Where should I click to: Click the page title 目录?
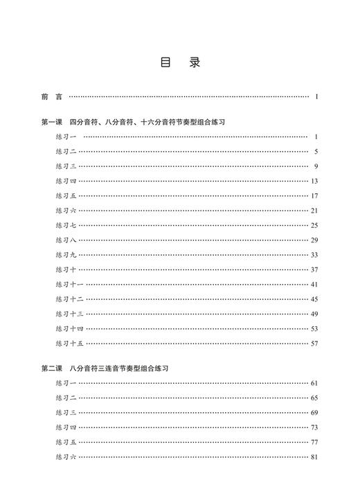click(x=180, y=63)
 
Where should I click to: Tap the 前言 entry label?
click(x=51, y=97)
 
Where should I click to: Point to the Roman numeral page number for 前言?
click(x=316, y=97)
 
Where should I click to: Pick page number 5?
click(x=315, y=152)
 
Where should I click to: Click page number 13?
click(x=314, y=181)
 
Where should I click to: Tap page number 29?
click(x=314, y=240)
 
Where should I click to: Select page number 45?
click(x=314, y=299)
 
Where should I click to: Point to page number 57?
click(x=314, y=343)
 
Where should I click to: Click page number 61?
click(x=314, y=383)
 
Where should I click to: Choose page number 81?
click(x=314, y=457)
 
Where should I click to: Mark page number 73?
click(x=314, y=427)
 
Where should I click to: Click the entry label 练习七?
click(x=66, y=225)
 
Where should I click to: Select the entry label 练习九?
click(x=66, y=254)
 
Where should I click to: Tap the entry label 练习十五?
click(x=69, y=343)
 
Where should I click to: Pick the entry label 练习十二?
click(x=69, y=299)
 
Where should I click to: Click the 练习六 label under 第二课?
click(x=66, y=457)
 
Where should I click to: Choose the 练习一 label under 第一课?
click(x=66, y=137)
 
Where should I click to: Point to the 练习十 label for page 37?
click(x=66, y=269)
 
